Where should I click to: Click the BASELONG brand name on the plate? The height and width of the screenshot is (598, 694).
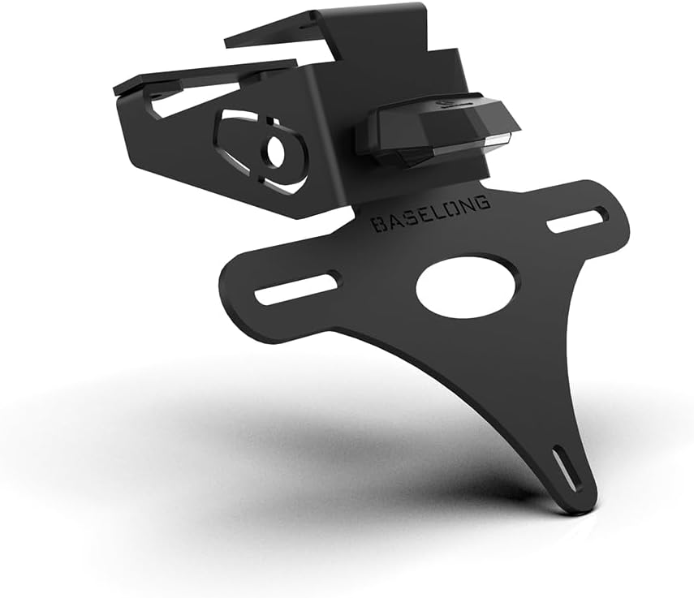(x=430, y=213)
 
